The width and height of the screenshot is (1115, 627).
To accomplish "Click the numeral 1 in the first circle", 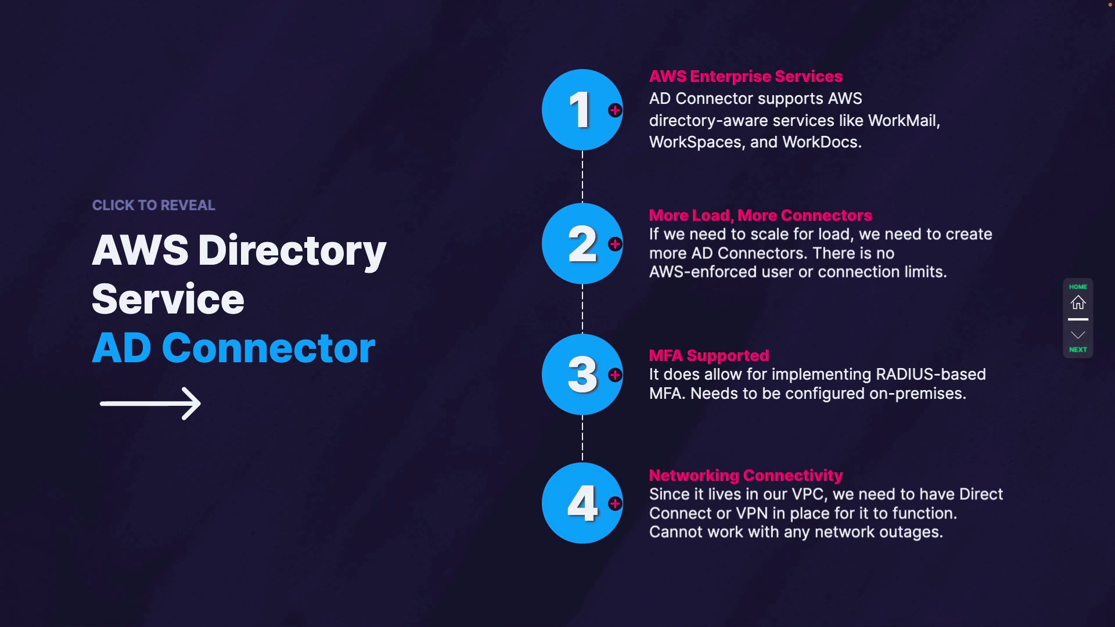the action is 580,110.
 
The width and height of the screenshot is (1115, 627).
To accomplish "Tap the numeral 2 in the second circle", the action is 582,244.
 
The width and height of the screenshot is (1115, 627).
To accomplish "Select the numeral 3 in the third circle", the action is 582,374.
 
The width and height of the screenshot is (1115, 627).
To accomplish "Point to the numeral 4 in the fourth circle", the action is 582,503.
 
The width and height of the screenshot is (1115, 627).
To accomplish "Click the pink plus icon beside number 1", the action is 615,110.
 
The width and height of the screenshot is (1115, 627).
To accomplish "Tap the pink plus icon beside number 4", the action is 615,503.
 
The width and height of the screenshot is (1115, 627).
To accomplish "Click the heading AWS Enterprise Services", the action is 746,77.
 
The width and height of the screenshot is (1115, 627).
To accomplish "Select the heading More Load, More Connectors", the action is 760,215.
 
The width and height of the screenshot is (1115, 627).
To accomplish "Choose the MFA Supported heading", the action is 708,355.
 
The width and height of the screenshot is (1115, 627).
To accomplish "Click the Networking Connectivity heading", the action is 746,475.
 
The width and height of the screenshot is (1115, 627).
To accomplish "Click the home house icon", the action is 1078,302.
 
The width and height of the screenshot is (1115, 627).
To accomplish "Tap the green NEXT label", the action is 1078,349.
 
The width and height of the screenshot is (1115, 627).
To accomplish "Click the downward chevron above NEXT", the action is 1078,335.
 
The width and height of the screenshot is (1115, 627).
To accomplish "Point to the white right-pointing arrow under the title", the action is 150,403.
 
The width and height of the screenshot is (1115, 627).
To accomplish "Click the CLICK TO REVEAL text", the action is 153,205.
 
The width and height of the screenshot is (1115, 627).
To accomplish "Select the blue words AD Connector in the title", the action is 233,348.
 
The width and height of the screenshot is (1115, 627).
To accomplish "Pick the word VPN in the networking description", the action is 751,513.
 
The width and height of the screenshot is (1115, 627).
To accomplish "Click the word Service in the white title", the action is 168,300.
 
